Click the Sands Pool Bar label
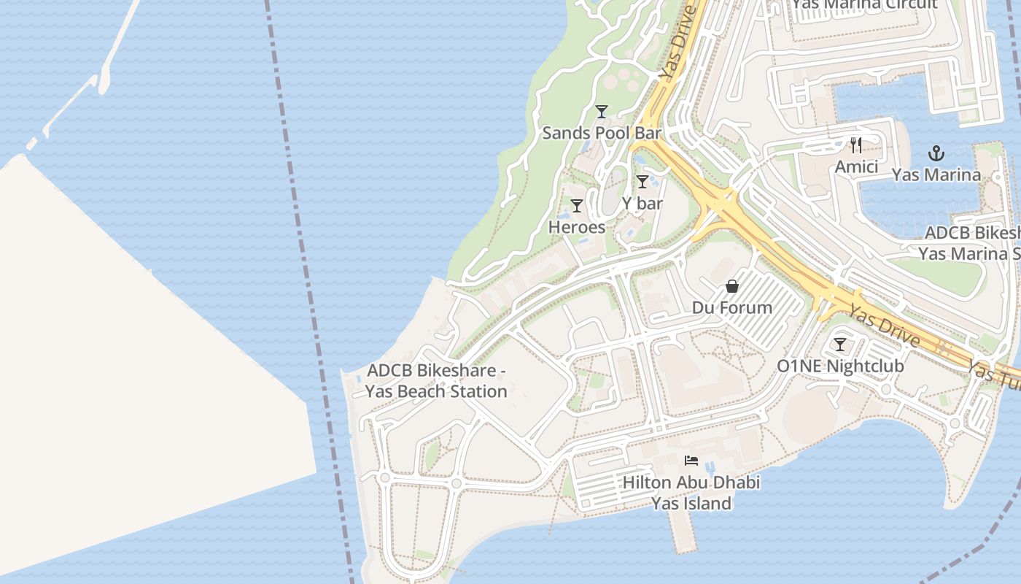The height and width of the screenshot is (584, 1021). click(x=602, y=133)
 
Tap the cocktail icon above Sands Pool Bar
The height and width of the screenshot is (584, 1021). click(x=602, y=112)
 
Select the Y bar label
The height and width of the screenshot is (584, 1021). click(x=643, y=203)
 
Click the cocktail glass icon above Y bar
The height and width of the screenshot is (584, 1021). click(x=643, y=182)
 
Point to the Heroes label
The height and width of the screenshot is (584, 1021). click(x=577, y=227)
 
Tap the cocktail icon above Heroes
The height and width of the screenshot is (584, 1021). click(x=577, y=206)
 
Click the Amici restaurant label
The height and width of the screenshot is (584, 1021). click(x=856, y=166)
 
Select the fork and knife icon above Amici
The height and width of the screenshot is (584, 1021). click(x=856, y=145)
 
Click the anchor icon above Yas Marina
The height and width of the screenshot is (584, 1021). click(x=936, y=153)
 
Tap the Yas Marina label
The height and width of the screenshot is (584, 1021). click(x=936, y=175)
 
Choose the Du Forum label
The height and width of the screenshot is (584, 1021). click(x=732, y=307)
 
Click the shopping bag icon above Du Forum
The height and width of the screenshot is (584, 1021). click(x=732, y=286)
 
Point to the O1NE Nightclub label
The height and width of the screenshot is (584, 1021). click(x=840, y=366)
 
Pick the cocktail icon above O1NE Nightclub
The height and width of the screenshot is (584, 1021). click(x=840, y=345)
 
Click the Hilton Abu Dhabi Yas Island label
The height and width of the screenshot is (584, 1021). click(x=691, y=493)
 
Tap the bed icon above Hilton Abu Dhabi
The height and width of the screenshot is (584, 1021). click(x=691, y=461)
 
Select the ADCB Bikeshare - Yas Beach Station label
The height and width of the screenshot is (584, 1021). click(x=436, y=381)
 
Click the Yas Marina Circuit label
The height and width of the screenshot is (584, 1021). click(x=864, y=4)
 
